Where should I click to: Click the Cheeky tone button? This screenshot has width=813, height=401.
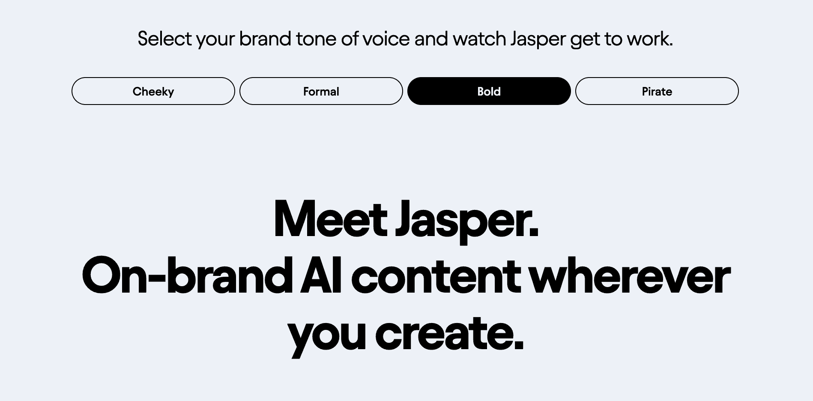coord(153,91)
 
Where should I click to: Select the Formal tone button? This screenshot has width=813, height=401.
coord(321,91)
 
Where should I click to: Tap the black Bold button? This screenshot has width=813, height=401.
coord(489,91)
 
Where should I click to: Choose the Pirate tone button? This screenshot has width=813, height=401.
coord(657,91)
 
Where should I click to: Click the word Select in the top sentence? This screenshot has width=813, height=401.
coord(164,39)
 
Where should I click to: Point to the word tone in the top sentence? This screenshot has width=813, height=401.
coord(316,39)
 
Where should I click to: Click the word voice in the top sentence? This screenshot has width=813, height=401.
coord(386,39)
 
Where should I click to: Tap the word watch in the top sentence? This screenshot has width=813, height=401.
coord(479,39)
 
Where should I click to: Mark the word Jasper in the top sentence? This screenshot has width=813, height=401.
coord(538,39)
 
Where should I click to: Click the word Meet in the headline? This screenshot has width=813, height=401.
coord(330,219)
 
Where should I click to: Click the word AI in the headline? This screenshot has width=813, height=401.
coord(320,276)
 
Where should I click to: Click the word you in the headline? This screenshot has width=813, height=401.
coord(327,335)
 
